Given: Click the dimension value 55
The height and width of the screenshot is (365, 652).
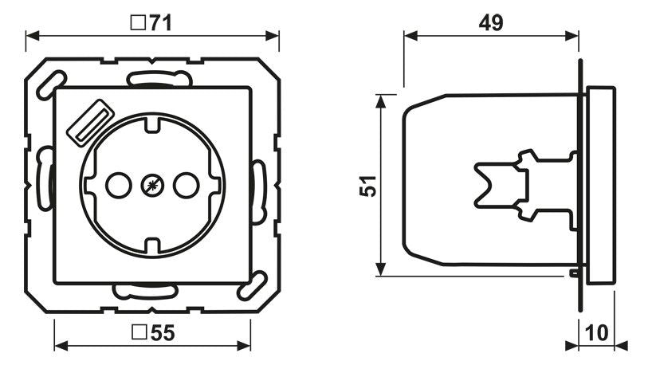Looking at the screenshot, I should tap(161, 336).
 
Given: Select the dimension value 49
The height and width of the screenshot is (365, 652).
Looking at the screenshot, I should tap(491, 23).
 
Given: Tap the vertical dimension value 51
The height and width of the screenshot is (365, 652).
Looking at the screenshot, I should tap(365, 185).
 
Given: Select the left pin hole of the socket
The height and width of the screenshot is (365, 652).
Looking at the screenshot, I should tap(117, 186).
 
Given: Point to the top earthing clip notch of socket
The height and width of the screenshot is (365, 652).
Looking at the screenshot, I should tap(151, 124).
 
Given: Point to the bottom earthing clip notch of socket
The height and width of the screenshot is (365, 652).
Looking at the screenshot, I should tap(151, 247).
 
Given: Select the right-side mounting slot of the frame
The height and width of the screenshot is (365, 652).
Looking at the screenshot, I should tap(259, 191).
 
